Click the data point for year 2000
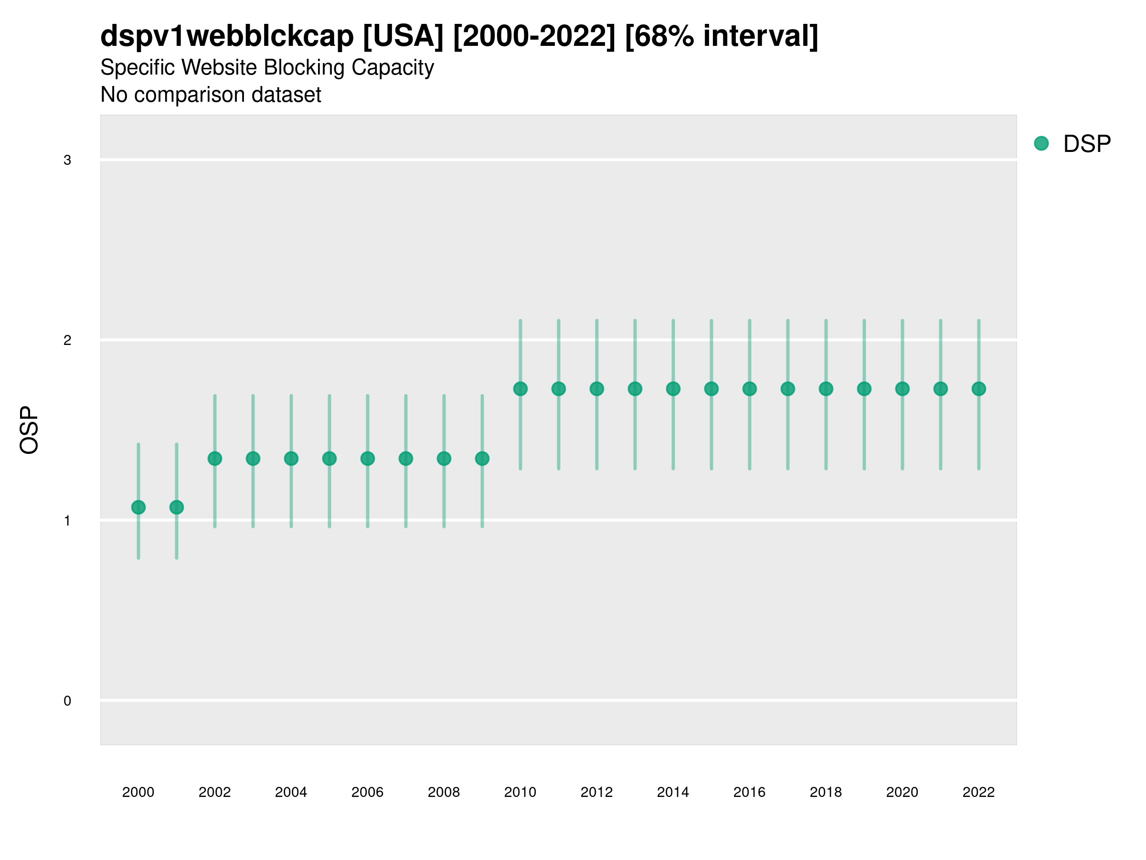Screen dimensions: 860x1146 138,507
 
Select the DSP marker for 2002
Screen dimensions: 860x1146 214,458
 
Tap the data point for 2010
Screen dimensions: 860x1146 520,389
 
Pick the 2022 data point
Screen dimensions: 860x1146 978,389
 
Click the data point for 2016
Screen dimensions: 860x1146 749,389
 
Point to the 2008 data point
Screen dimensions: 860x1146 444,458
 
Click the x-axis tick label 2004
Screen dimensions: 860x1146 291,792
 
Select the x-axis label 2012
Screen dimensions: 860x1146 596,792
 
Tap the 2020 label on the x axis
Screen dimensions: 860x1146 902,792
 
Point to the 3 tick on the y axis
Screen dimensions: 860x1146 67,160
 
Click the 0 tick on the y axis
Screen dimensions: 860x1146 67,701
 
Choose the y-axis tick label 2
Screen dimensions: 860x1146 67,341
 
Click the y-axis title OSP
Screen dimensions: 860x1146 29,430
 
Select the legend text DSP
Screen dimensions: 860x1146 1087,144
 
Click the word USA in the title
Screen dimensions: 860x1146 403,36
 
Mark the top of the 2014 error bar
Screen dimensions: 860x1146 673,321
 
